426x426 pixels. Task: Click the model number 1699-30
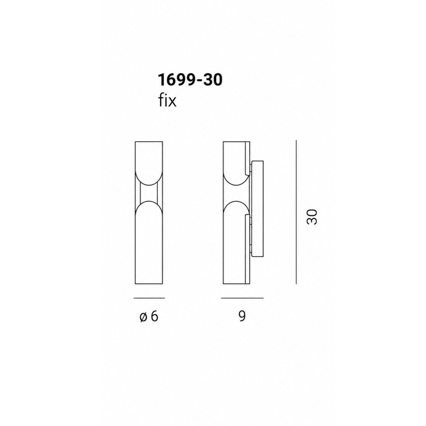(x=190, y=80)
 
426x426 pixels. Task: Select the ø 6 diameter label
(x=149, y=317)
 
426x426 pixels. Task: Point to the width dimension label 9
(x=242, y=316)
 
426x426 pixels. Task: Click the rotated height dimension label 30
(x=312, y=217)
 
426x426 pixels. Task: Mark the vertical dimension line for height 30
(x=296, y=212)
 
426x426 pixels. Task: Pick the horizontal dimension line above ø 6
(x=149, y=298)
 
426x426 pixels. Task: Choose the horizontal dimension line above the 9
(x=242, y=298)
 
